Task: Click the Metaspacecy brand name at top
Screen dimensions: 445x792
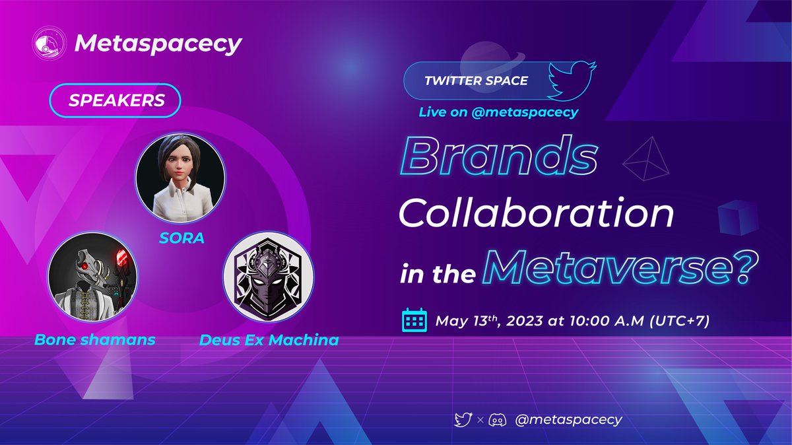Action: click(158, 44)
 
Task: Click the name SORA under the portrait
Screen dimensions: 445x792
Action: click(180, 236)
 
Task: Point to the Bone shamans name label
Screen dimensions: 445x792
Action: click(94, 340)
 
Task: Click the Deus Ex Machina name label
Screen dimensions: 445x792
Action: click(270, 341)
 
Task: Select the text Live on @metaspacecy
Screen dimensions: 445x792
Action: click(498, 112)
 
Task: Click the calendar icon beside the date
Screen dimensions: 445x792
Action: click(414, 322)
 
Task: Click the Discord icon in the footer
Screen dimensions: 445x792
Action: click(497, 419)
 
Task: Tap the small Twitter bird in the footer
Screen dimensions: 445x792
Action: click(463, 419)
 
